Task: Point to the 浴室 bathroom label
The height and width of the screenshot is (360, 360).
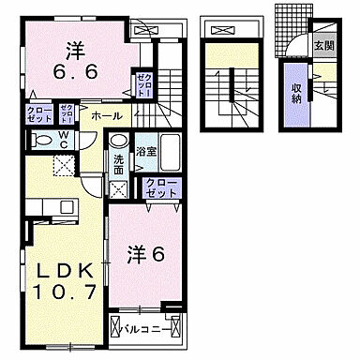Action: pyautogui.click(x=145, y=150)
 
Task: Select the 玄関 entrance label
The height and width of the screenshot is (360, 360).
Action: pyautogui.click(x=322, y=44)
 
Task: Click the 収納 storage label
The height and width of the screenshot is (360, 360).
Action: pyautogui.click(x=296, y=91)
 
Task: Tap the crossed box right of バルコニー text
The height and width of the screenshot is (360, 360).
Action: pyautogui.click(x=178, y=330)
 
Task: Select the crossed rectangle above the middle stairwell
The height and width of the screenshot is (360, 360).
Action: pyautogui.click(x=224, y=29)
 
